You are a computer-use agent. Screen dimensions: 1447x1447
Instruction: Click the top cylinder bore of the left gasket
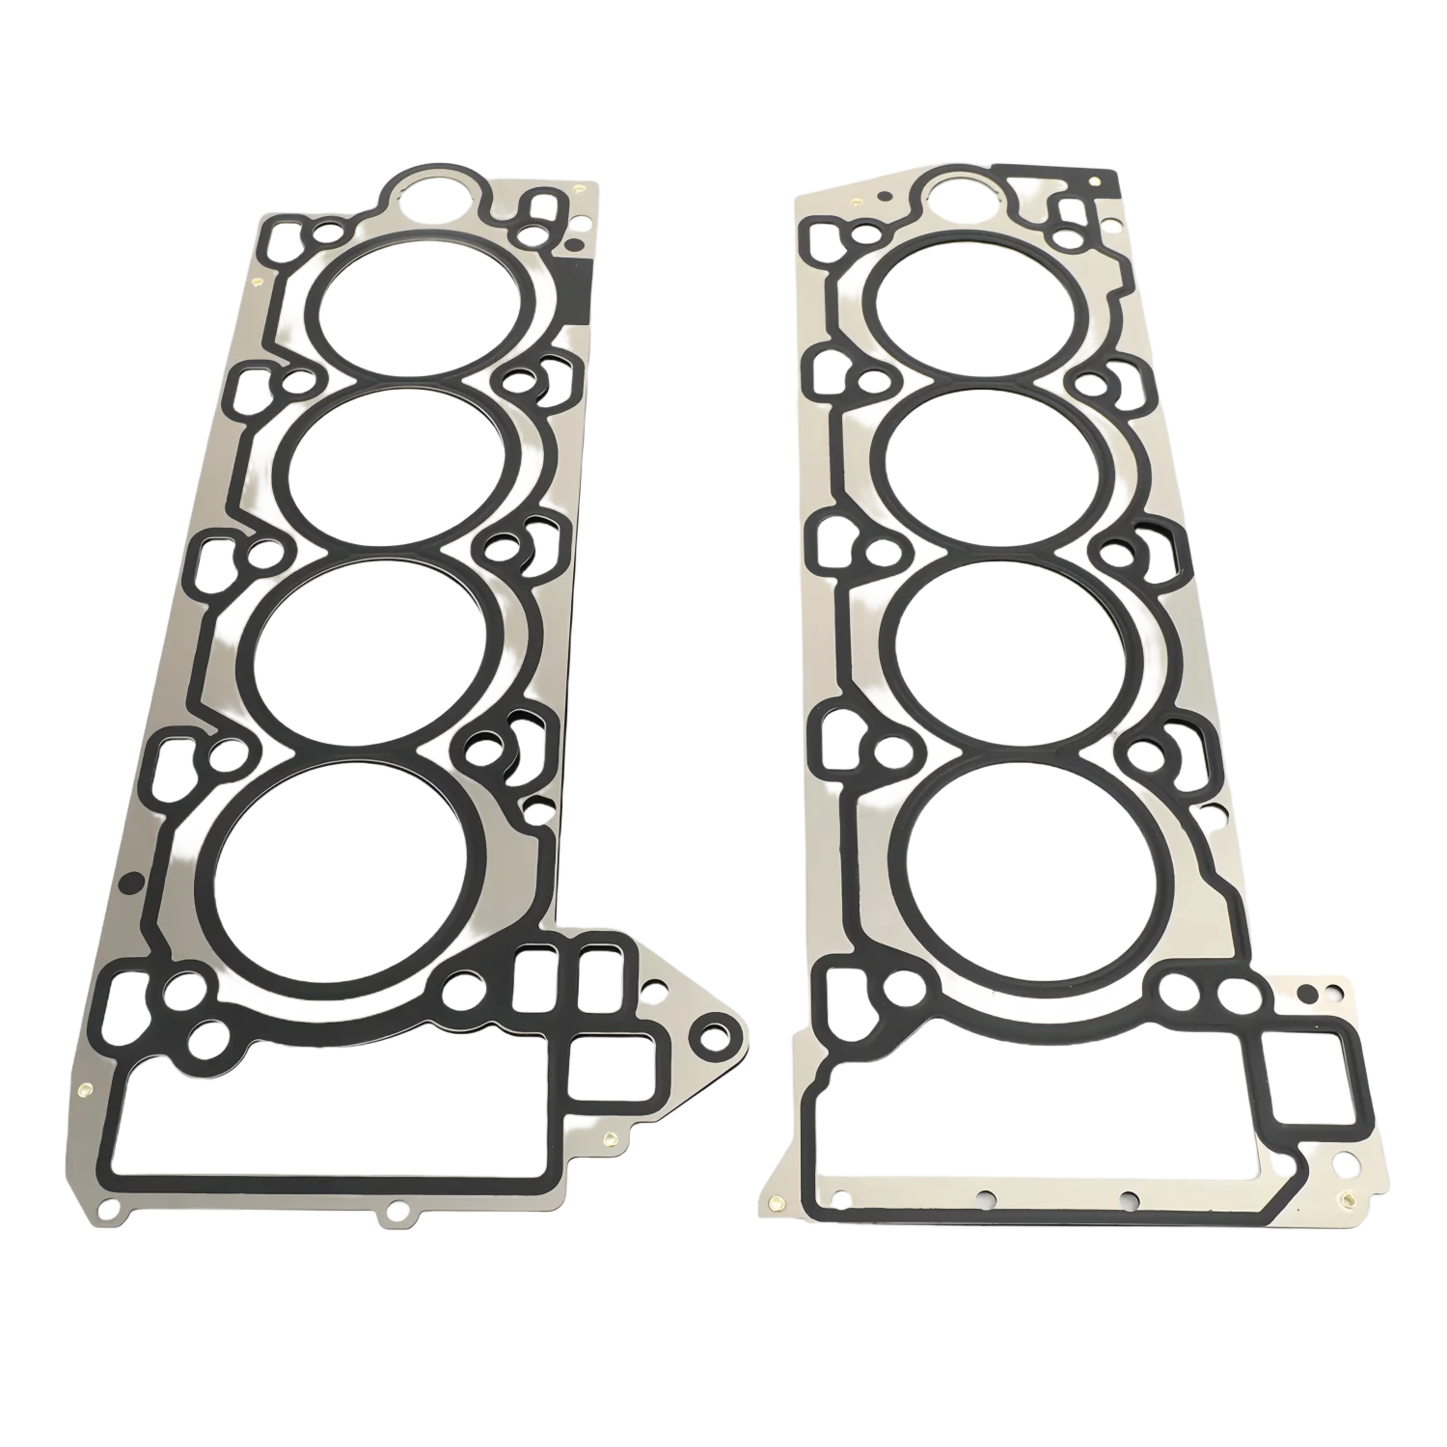pyautogui.click(x=416, y=307)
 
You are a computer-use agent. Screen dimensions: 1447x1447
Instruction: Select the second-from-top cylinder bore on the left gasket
pyautogui.click(x=397, y=467)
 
